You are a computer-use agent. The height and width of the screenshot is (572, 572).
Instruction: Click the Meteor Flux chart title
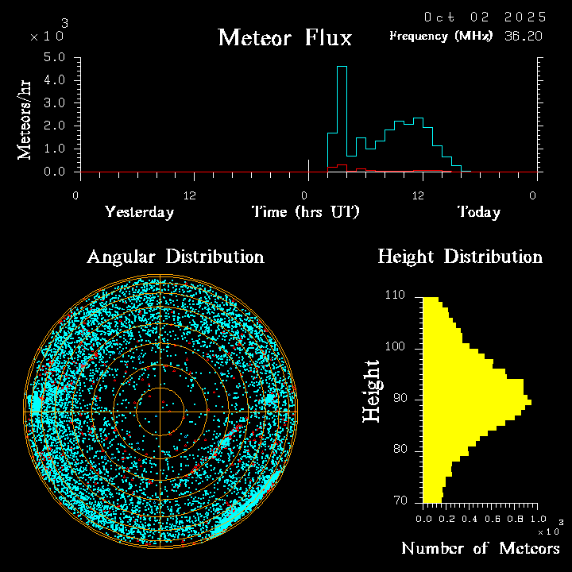[x=284, y=37]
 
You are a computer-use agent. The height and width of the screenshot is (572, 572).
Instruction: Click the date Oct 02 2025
[x=485, y=17]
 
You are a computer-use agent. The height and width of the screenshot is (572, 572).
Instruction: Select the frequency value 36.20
[x=525, y=36]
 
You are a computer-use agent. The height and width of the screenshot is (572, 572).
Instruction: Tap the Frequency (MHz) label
[x=441, y=36]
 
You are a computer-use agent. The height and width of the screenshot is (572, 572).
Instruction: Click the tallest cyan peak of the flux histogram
[x=342, y=68]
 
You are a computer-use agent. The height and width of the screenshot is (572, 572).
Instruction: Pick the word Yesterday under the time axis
[x=139, y=212]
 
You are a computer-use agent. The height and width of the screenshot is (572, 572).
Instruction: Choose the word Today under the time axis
[x=478, y=212]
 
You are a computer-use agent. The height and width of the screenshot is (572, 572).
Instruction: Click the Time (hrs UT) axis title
[x=305, y=212]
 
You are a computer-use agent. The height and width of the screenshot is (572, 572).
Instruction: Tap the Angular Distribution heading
[x=176, y=257]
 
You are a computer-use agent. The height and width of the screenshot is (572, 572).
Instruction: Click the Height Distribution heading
[x=460, y=257]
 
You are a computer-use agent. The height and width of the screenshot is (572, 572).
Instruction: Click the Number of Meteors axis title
[x=481, y=549]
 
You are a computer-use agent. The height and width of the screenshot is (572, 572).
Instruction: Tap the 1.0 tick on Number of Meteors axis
[x=533, y=518]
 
